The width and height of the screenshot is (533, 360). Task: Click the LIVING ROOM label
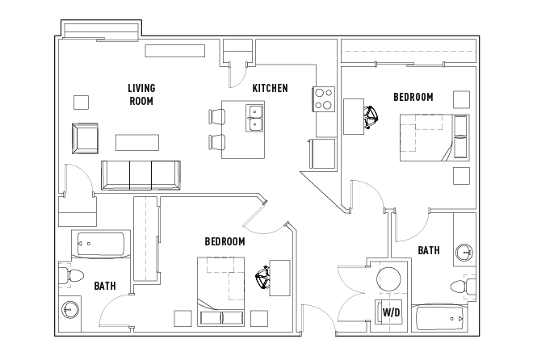141,94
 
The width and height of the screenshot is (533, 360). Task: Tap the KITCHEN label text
270,88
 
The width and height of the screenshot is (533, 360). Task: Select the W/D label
391,312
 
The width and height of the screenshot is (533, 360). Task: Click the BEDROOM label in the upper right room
413,97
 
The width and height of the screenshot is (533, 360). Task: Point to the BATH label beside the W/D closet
429,250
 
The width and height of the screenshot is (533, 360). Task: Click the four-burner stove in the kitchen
324,98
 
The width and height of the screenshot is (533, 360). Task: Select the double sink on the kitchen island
255,118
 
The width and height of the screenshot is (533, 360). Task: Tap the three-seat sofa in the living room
141,174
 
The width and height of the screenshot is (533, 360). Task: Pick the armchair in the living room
85,139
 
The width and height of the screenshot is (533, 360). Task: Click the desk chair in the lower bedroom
263,279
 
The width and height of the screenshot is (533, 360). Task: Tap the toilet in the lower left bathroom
73,276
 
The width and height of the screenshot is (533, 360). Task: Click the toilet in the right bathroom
463,286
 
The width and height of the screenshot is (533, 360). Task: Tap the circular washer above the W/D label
389,279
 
